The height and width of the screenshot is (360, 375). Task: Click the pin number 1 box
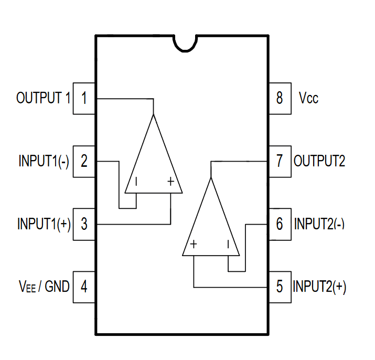(84, 98)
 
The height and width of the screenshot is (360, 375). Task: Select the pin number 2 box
(84, 161)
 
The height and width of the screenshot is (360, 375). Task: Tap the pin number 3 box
(84, 224)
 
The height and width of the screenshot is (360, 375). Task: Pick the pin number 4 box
(84, 287)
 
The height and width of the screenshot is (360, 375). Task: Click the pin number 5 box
(280, 287)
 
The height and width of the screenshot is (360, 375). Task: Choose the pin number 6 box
(280, 224)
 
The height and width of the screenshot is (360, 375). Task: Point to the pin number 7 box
(280, 161)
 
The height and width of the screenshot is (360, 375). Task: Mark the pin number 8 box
(280, 98)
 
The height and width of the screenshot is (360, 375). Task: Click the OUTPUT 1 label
(44, 98)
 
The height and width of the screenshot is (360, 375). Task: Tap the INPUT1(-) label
(44, 161)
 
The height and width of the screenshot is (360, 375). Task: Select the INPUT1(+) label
(44, 224)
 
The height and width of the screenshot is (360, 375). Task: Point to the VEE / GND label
(44, 287)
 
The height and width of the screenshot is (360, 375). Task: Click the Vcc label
(308, 98)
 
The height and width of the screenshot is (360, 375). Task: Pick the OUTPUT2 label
(319, 161)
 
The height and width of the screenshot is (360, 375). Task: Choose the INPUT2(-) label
(319, 224)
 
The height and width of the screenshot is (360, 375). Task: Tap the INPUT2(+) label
(319, 287)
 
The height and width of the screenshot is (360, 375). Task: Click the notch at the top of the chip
(185, 44)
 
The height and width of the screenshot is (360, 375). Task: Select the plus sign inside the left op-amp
(171, 182)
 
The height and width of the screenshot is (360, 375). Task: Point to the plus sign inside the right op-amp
(194, 244)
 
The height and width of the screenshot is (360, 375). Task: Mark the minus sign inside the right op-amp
(228, 245)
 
